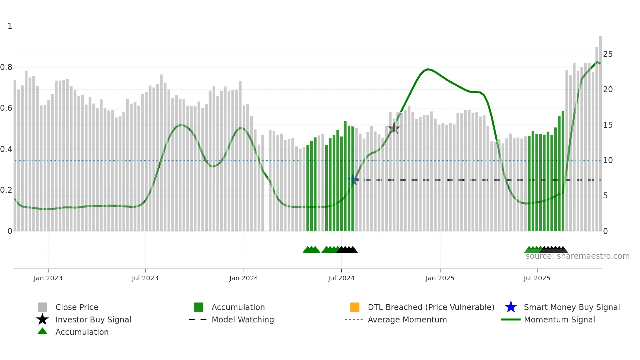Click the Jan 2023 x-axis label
pyautogui.click(x=48, y=278)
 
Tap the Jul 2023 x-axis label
pyautogui.click(x=145, y=278)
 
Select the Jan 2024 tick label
pyautogui.click(x=244, y=278)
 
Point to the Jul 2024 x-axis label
pyautogui.click(x=341, y=278)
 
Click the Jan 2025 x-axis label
pyautogui.click(x=440, y=278)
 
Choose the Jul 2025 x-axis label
pyautogui.click(x=537, y=278)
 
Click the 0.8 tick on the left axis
pyautogui.click(x=7, y=67)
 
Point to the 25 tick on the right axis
pyautogui.click(x=608, y=54)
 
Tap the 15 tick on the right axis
pyautogui.click(x=608, y=125)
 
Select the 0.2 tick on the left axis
pyautogui.click(x=7, y=190)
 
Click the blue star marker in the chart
pyautogui.click(x=353, y=180)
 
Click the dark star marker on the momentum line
pyautogui.click(x=394, y=128)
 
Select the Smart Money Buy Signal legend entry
pyautogui.click(x=571, y=307)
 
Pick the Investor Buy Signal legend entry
pyautogui.click(x=93, y=319)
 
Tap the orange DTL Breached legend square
pyautogui.click(x=355, y=307)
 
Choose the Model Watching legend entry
pyautogui.click(x=243, y=319)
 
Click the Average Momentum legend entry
pyautogui.click(x=407, y=319)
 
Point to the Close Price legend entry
pyautogui.click(x=77, y=307)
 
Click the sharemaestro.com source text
pyautogui.click(x=577, y=256)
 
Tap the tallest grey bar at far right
pyautogui.click(x=600, y=131)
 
